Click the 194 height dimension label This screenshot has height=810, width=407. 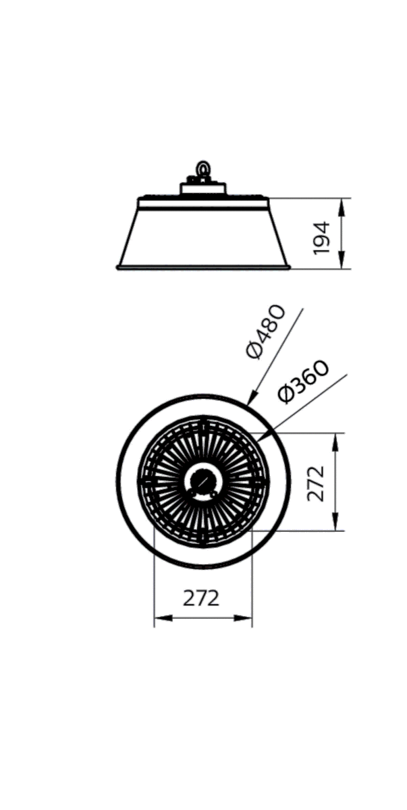[321, 238]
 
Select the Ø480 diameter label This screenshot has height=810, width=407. [266, 332]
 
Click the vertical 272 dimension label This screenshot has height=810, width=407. [316, 483]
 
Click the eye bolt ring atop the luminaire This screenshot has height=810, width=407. [202, 169]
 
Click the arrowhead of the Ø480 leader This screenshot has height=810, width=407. [252, 396]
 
